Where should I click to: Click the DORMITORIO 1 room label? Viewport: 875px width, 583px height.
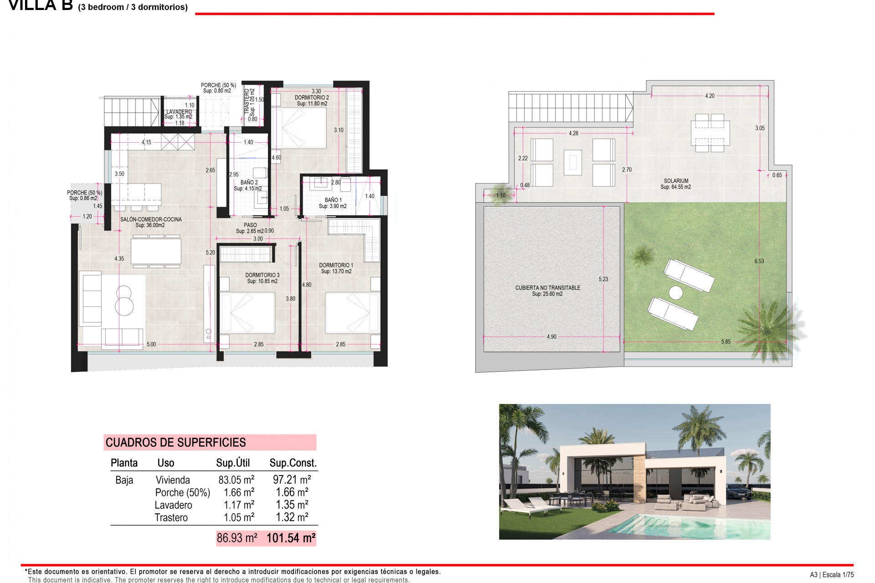coord(336,265)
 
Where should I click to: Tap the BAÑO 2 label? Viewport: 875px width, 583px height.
coord(249,183)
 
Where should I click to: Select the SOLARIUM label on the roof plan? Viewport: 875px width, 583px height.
coord(676,181)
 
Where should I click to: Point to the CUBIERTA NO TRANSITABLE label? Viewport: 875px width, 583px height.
coord(547,288)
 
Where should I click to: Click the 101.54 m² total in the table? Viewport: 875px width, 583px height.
coord(291,538)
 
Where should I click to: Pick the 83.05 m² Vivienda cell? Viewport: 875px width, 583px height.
coord(236,480)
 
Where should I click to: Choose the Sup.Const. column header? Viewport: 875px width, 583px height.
coord(293,463)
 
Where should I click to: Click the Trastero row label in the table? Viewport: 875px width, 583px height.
coord(171,517)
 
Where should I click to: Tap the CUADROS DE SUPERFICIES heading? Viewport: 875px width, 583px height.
coord(176,442)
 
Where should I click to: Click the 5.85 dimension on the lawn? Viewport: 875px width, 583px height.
coord(726,342)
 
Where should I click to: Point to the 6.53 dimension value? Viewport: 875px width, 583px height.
coord(759,261)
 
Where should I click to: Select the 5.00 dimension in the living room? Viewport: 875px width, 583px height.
coord(151,344)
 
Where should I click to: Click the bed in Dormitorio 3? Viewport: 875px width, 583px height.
coord(247,313)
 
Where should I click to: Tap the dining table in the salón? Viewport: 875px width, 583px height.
coord(156,251)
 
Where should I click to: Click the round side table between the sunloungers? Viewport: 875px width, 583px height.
coord(675,292)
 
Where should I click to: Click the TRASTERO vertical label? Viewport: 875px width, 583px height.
coord(247,101)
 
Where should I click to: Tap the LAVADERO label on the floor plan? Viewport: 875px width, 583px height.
coord(179,112)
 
